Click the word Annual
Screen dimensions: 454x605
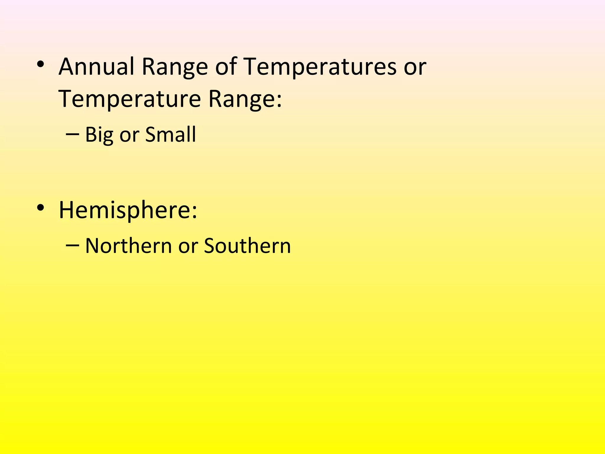tap(96, 67)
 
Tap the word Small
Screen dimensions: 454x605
tap(170, 134)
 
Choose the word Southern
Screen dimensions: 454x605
tap(247, 246)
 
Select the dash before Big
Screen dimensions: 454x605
tap(73, 134)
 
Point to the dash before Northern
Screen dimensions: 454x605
tap(73, 245)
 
